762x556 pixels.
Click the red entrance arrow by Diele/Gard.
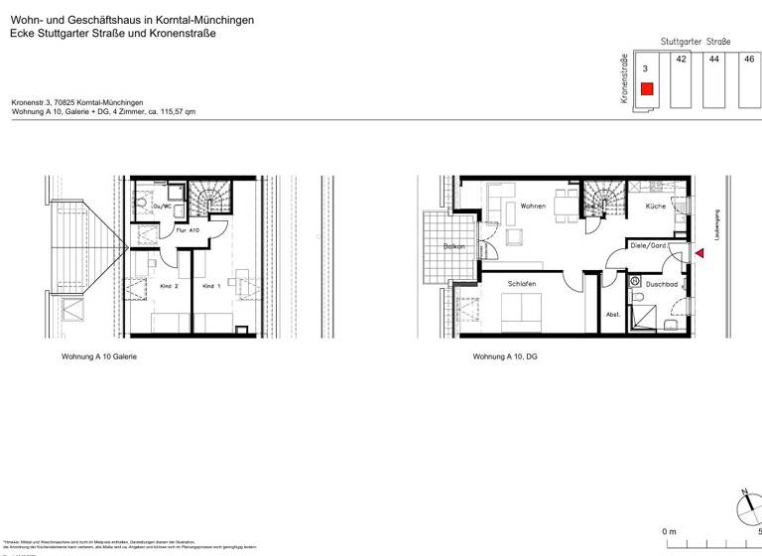[x=699, y=254]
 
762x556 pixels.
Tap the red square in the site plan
[x=646, y=89]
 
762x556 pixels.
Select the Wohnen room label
[x=533, y=207]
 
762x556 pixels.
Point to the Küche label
[x=655, y=207]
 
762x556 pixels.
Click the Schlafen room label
[x=522, y=284]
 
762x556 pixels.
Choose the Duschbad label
[x=662, y=284]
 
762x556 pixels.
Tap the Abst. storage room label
[x=613, y=314]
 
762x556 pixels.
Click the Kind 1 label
[x=209, y=285]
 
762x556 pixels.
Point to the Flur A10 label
[x=188, y=229]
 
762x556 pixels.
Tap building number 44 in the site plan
[x=713, y=60]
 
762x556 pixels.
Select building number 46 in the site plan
[x=748, y=60]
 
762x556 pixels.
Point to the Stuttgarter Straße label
[x=696, y=42]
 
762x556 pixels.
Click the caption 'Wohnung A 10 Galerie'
[x=99, y=355]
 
